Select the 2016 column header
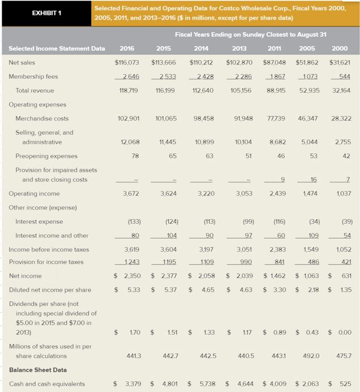tap(128, 48)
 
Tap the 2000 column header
tap(339, 48)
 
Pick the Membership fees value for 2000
tap(343, 76)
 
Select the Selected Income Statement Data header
tap(57, 48)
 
